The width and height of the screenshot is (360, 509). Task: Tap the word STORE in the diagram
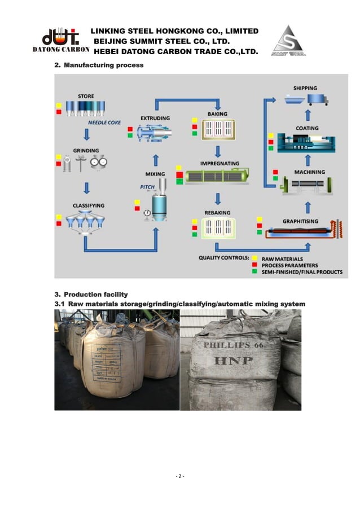pyautogui.click(x=86, y=96)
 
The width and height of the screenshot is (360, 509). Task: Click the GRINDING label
pyautogui.click(x=86, y=151)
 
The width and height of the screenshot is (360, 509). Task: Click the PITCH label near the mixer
pyautogui.click(x=147, y=187)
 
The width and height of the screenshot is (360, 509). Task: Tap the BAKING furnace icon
pyautogui.click(x=217, y=130)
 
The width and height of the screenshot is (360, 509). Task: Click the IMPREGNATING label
pyautogui.click(x=219, y=164)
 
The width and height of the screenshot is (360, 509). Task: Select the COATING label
pyautogui.click(x=307, y=128)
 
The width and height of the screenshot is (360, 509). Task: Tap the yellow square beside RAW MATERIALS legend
pyautogui.click(x=256, y=258)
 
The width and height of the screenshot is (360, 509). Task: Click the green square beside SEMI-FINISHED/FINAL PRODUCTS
pyautogui.click(x=256, y=272)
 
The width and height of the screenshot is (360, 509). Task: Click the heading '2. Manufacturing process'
pyautogui.click(x=99, y=65)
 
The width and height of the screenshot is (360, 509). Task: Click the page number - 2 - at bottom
pyautogui.click(x=180, y=476)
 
